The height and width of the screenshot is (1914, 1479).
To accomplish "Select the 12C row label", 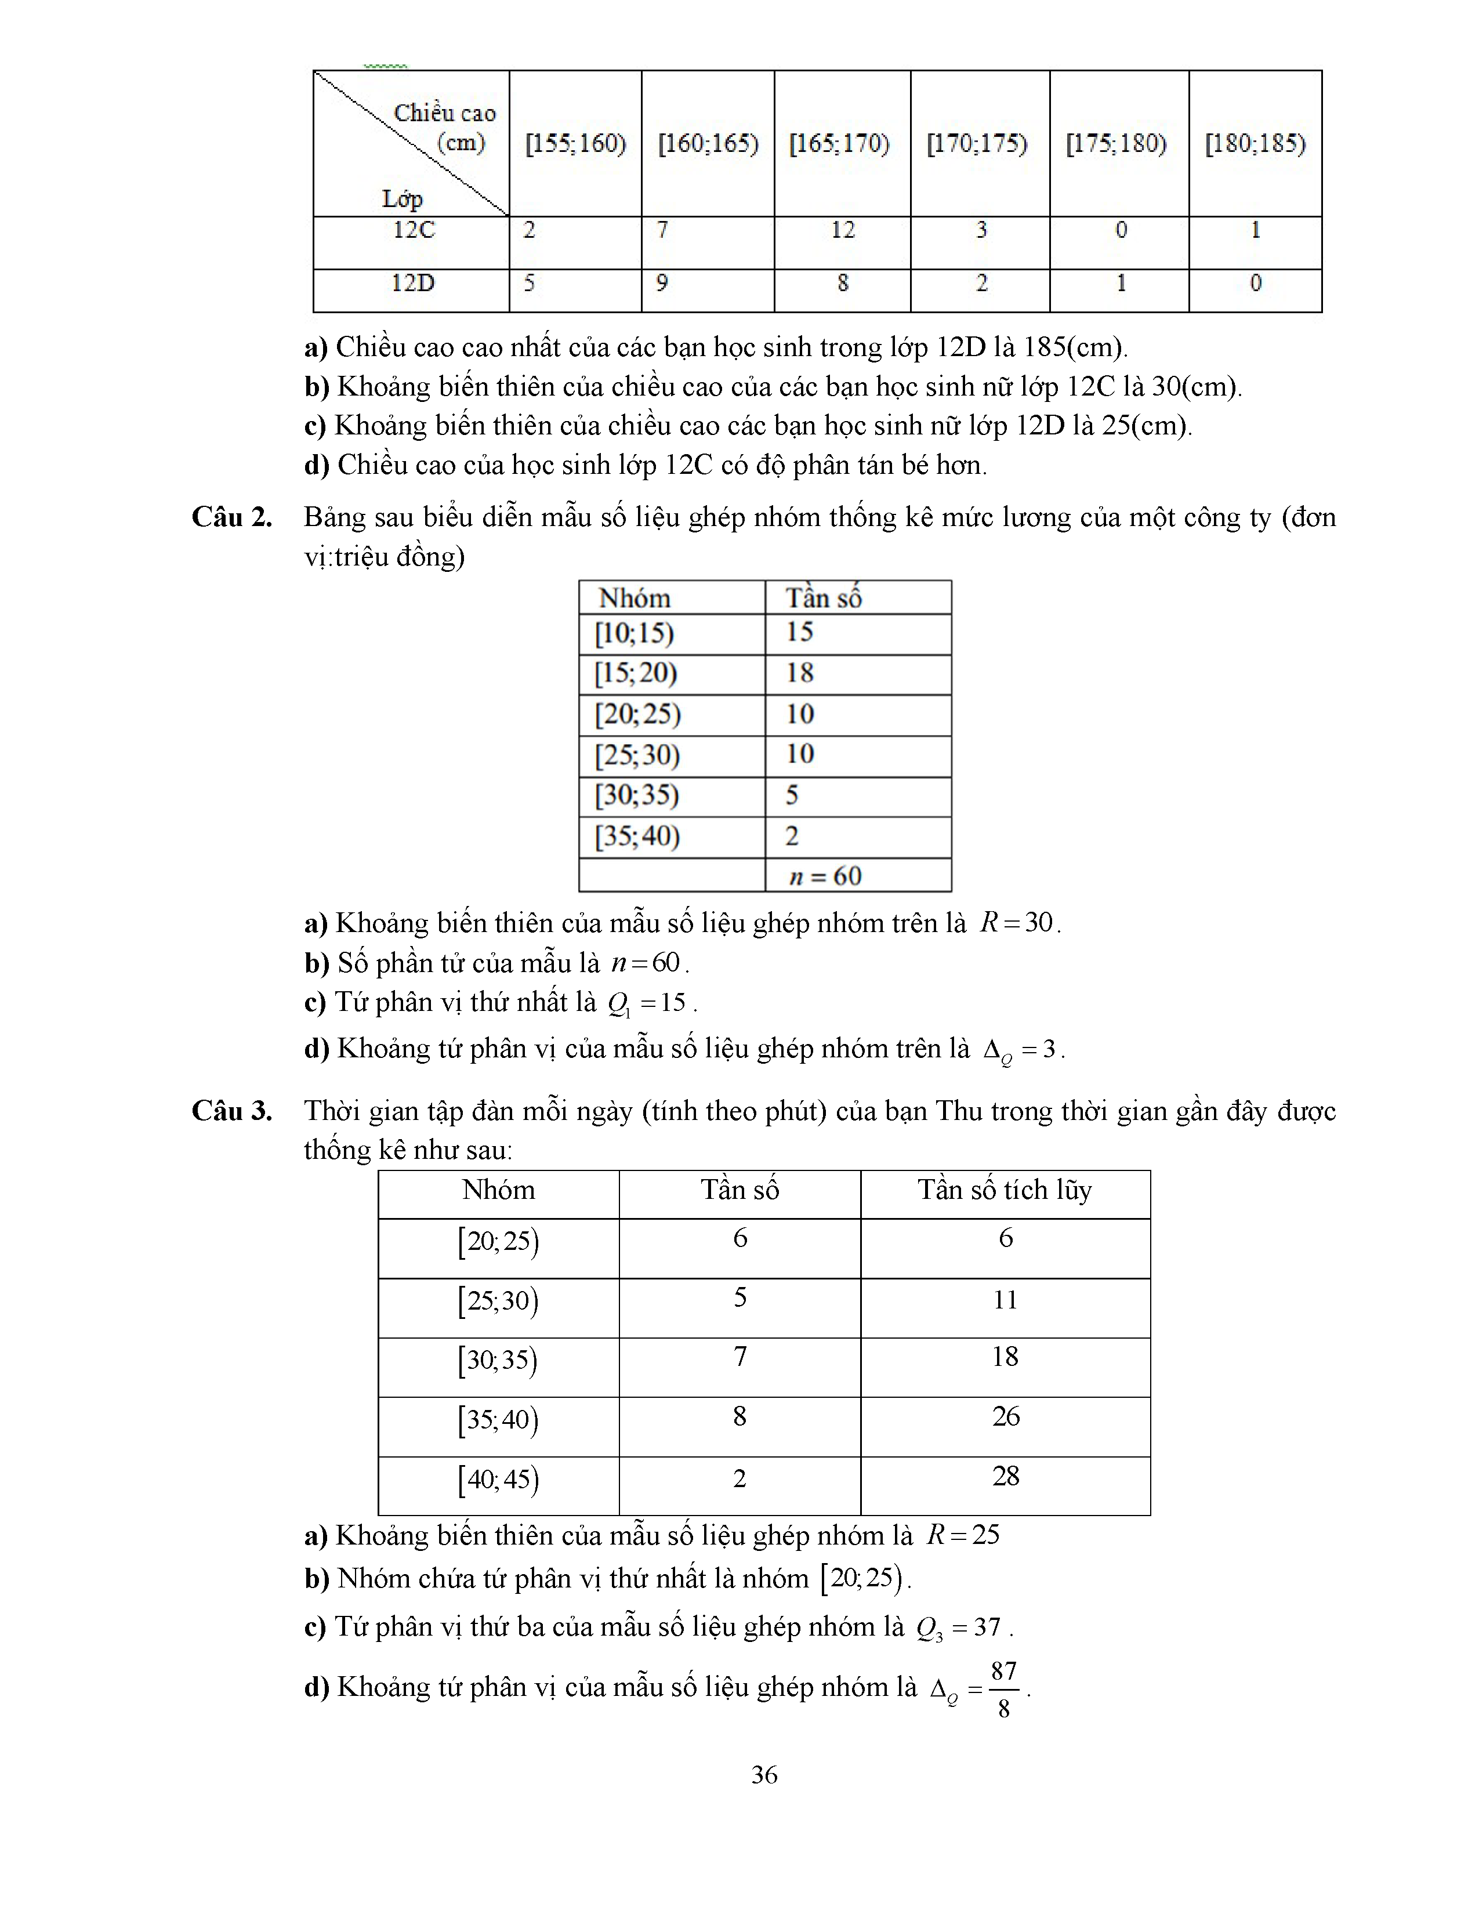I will [414, 230].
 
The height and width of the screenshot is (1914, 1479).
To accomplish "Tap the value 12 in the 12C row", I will [842, 230].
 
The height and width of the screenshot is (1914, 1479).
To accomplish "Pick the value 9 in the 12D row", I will [662, 283].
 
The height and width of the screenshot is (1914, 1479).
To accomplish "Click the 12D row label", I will [413, 283].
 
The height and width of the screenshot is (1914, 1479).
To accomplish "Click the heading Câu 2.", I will [232, 517].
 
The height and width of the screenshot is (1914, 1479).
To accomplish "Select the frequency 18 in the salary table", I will [800, 673].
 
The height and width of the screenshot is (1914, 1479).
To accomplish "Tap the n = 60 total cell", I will [825, 875].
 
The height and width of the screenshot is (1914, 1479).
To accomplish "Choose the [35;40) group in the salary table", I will [637, 836].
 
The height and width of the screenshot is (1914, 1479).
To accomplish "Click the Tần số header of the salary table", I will [824, 597].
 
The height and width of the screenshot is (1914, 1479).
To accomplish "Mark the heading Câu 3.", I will [232, 1111].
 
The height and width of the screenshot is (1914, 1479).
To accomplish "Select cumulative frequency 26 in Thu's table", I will [1006, 1416].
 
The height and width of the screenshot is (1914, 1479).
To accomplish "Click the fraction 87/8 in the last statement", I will [1003, 1689].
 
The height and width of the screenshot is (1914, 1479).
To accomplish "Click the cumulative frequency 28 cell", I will [1006, 1476].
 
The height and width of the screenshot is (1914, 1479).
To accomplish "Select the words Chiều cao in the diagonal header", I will [444, 113].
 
